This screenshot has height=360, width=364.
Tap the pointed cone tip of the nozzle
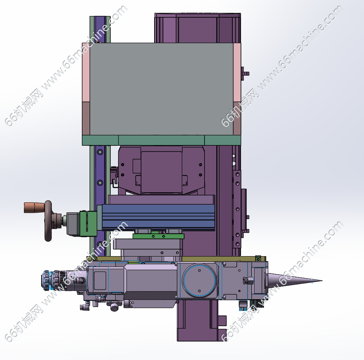[x=322, y=280]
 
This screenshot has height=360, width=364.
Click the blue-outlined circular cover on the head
[x=199, y=280]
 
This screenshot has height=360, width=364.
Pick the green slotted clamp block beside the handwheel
[x=88, y=223]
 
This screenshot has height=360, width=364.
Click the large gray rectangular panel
[x=161, y=89]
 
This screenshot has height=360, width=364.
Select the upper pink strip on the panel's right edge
[x=237, y=72]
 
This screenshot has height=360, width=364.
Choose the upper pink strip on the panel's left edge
[x=86, y=72]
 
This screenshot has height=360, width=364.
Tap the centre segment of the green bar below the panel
[x=161, y=140]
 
